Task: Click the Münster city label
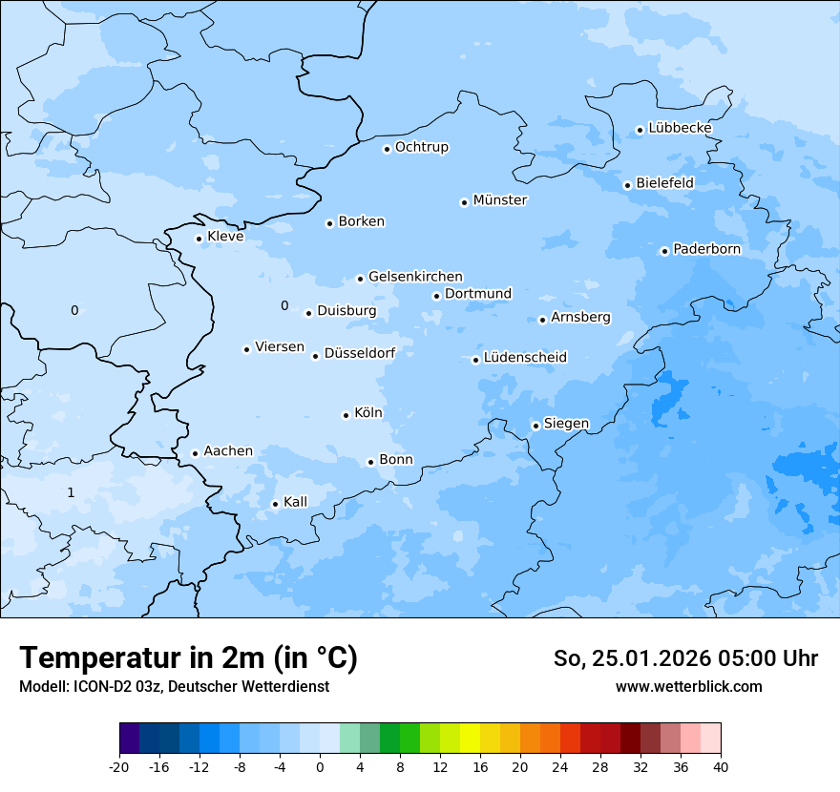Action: [x=499, y=200]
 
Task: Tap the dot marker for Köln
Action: [x=346, y=415]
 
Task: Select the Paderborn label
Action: [x=706, y=249]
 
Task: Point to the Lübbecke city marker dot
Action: [x=640, y=130]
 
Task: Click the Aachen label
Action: [x=228, y=451]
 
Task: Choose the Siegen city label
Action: [x=566, y=424]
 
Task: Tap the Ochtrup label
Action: [x=421, y=147]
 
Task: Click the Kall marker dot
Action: [x=275, y=504]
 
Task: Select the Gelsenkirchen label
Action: [x=415, y=277]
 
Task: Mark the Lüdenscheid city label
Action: [x=525, y=358]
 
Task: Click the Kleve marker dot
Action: [x=199, y=239]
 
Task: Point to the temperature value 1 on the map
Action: [x=71, y=492]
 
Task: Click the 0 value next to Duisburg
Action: [x=283, y=305]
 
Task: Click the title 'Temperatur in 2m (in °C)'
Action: [x=188, y=657]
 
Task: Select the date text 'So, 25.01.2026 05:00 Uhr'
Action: [x=685, y=658]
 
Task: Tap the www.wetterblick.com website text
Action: [x=688, y=686]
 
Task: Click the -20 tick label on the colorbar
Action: [x=119, y=767]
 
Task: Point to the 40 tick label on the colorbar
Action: [x=720, y=767]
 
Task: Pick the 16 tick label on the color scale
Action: [x=479, y=767]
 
